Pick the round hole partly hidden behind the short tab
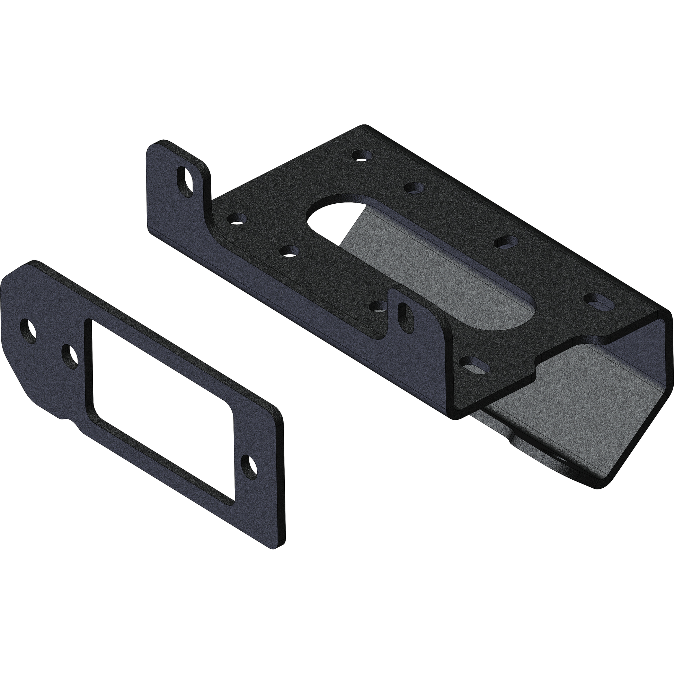click(x=378, y=307)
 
